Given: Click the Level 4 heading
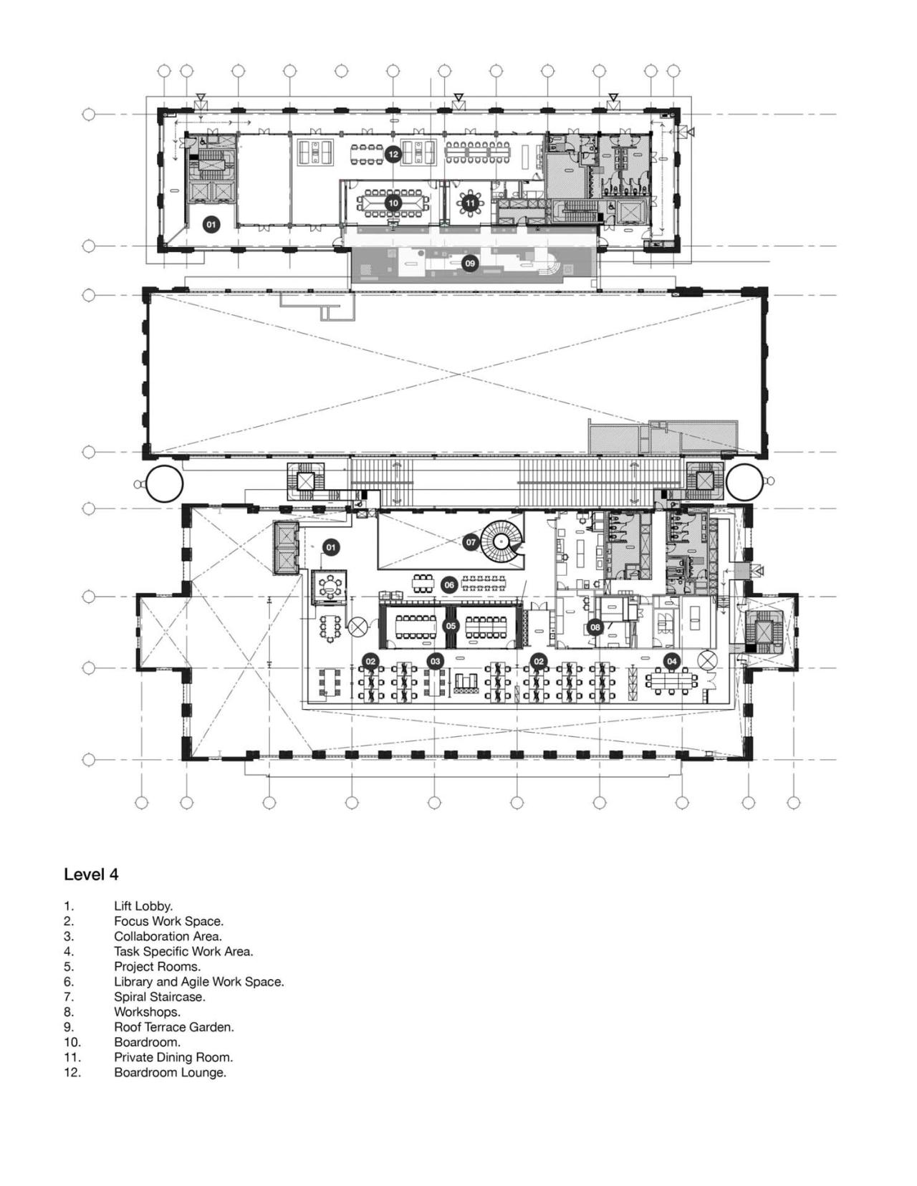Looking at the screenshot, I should (91, 874).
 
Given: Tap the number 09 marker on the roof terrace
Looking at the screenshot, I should (469, 264).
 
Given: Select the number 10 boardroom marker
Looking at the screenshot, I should (393, 203).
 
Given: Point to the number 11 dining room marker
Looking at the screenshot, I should (469, 203).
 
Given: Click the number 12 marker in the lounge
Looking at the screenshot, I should (392, 154).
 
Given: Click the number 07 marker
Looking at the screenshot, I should (471, 542).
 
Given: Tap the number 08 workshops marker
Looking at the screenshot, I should (595, 627).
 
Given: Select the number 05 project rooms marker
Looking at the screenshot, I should (450, 625).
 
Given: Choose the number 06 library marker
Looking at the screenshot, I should (449, 585).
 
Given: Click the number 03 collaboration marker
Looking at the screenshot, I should (435, 661).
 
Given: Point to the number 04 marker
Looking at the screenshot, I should (671, 661).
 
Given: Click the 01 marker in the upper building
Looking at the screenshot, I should (211, 225).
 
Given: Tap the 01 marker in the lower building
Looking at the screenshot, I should (330, 548).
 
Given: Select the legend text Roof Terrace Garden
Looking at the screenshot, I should (173, 1027).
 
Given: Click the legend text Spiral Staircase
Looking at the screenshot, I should (159, 997).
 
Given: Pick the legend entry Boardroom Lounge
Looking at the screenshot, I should (170, 1072).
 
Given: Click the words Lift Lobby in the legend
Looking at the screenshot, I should (143, 906).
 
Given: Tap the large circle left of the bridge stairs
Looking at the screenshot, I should (164, 483).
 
